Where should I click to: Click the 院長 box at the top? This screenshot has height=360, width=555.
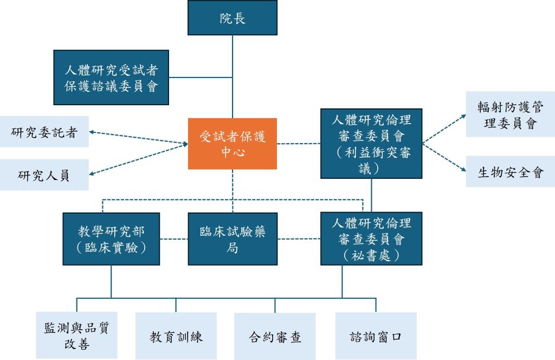(233, 18)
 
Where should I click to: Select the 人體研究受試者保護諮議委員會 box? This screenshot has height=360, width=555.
(111, 77)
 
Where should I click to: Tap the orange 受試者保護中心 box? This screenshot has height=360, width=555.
(233, 144)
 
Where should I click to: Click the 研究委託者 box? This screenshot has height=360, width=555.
(44, 132)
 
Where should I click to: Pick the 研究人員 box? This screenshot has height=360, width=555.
(44, 175)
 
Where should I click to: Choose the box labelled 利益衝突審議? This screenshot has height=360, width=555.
(371, 143)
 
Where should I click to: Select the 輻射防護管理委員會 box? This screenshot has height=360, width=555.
(510, 114)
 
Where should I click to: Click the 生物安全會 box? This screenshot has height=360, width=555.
(510, 172)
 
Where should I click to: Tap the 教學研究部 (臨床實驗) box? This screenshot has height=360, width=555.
(111, 239)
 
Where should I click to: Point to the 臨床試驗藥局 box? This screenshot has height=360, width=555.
(233, 239)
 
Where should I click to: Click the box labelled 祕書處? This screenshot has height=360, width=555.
(371, 239)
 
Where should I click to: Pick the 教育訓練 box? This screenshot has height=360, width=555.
(176, 336)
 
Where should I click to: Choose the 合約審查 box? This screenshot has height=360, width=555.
(275, 336)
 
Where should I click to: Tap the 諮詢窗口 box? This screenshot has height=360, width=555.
(376, 336)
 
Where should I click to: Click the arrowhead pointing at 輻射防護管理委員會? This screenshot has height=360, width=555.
(462, 115)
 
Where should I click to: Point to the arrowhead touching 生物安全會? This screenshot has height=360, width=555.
(462, 171)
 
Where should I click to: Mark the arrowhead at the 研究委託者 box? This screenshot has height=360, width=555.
(93, 132)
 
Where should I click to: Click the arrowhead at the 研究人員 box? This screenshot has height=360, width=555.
(93, 173)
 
